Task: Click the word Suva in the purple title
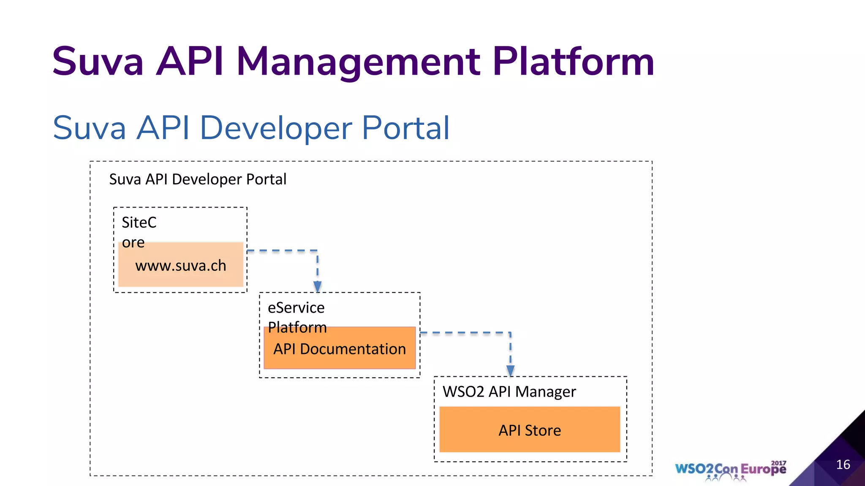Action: (98, 62)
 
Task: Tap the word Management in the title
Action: (358, 62)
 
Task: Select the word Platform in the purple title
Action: (574, 62)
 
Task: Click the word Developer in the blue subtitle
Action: (276, 128)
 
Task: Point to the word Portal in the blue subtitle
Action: (405, 128)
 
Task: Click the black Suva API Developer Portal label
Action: (198, 179)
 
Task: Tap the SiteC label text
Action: (139, 222)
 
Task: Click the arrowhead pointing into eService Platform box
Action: (318, 286)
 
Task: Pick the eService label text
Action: (296, 308)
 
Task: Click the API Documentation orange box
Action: (340, 349)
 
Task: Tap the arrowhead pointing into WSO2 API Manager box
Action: (510, 370)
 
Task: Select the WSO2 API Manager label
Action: (509, 392)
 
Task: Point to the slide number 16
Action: (843, 464)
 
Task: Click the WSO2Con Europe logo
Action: (730, 470)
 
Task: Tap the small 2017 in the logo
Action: (778, 463)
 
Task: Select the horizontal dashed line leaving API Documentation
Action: (465, 333)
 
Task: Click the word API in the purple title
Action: (190, 62)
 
